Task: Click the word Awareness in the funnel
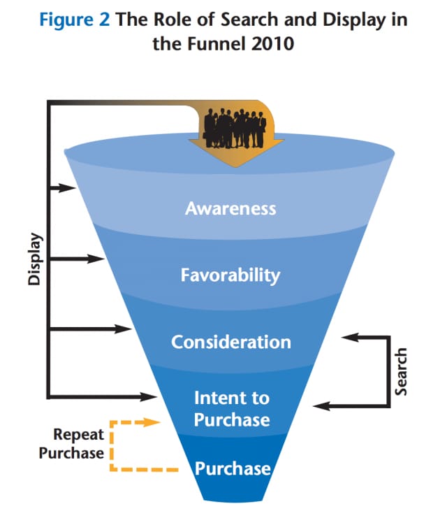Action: tap(230, 208)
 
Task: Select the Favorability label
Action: tap(230, 275)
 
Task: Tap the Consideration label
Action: tap(230, 343)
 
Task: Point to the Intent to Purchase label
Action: tap(231, 408)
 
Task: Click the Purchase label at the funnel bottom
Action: tap(232, 468)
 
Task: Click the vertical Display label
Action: tap(33, 259)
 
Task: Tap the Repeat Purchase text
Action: tap(71, 444)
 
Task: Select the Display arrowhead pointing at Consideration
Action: tap(124, 328)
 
